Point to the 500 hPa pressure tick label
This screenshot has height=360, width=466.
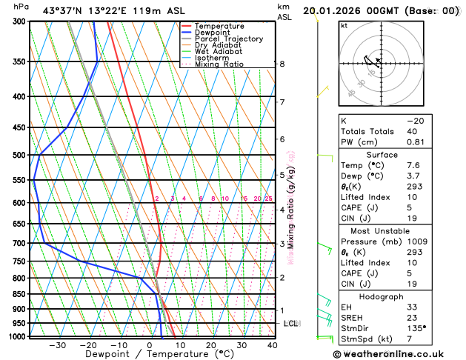(x=19, y=155)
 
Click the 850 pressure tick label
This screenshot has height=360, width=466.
(x=19, y=294)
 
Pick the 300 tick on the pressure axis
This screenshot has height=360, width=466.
(x=19, y=21)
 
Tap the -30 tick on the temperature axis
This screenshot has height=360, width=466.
(x=57, y=345)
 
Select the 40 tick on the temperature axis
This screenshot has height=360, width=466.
(x=273, y=345)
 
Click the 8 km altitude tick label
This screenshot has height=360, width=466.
(x=282, y=64)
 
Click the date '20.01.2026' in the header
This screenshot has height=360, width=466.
(x=349, y=11)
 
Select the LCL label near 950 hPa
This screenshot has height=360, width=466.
(x=290, y=324)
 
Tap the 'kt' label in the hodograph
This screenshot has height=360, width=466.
(x=344, y=25)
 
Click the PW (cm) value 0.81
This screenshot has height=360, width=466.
(x=415, y=142)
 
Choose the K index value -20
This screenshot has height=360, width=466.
(x=415, y=120)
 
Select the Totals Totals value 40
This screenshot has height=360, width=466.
(x=412, y=131)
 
